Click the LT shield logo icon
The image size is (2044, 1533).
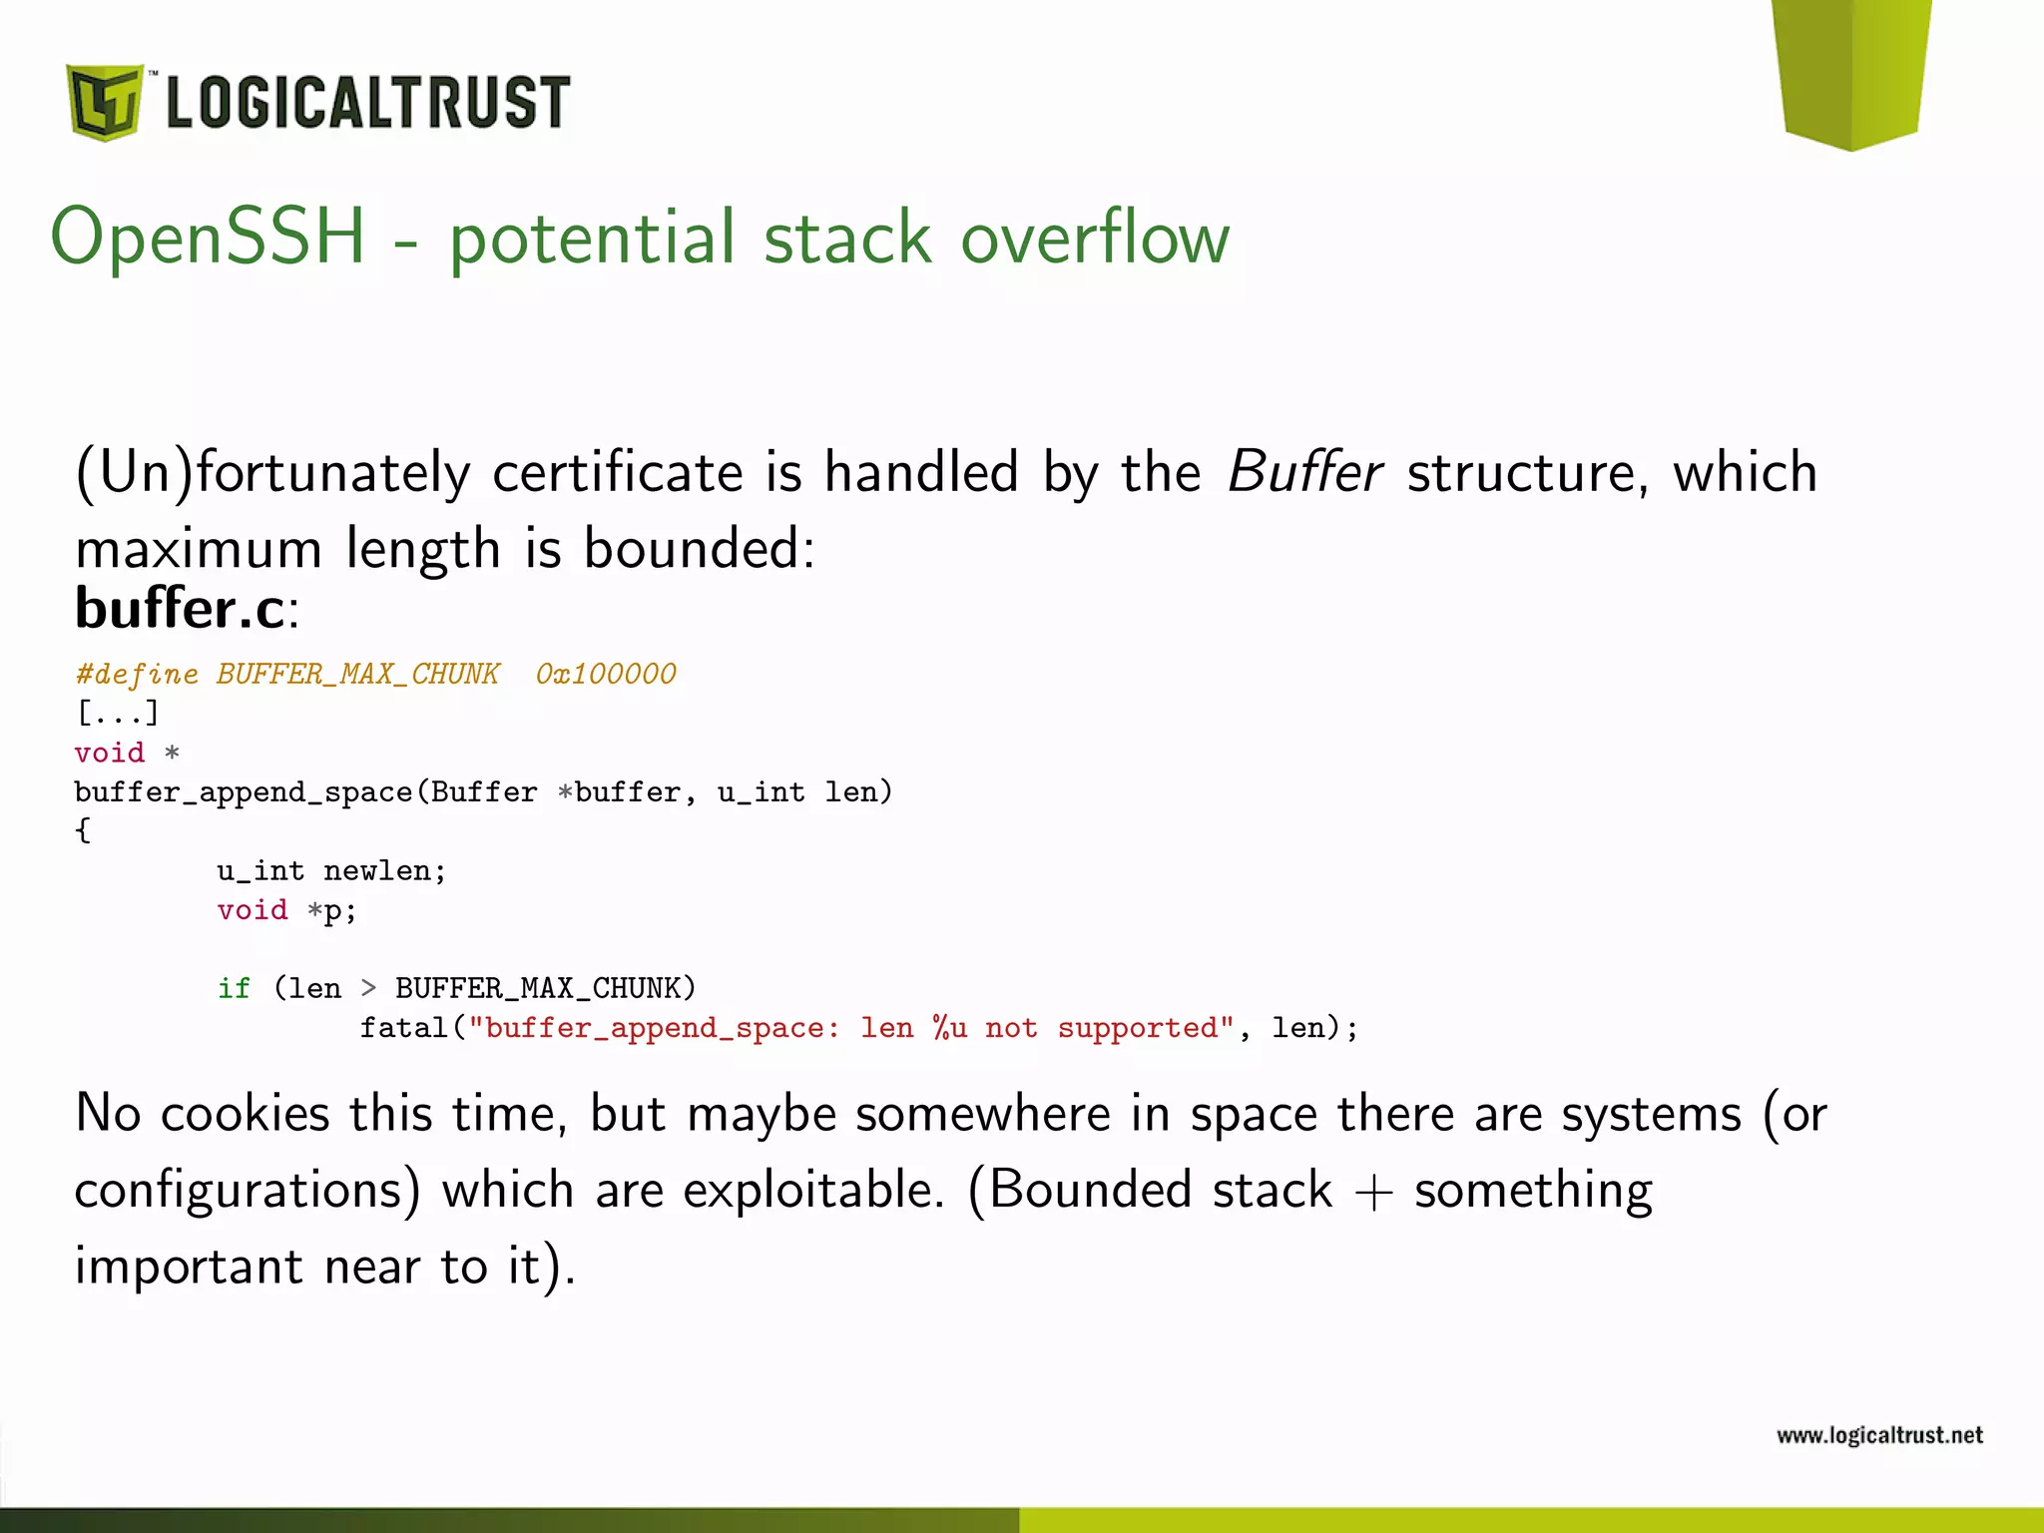point(104,102)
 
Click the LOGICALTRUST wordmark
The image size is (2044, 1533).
point(367,102)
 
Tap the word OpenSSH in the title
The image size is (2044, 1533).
point(209,238)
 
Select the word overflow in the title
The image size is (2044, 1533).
point(1095,238)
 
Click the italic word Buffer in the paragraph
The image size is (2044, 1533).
point(1304,471)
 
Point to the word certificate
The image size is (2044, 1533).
point(618,471)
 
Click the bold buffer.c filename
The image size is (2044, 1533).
point(180,608)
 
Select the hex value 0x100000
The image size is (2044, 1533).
point(606,675)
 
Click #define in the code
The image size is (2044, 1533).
point(137,675)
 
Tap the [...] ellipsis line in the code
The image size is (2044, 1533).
point(118,713)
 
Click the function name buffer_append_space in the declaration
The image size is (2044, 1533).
point(244,792)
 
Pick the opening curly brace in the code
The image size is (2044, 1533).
point(83,830)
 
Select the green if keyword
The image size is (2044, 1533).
point(234,988)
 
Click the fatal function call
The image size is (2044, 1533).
point(402,1028)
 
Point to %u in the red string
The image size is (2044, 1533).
point(949,1028)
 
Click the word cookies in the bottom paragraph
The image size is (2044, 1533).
point(245,1113)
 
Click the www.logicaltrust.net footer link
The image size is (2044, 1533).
point(1879,1435)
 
